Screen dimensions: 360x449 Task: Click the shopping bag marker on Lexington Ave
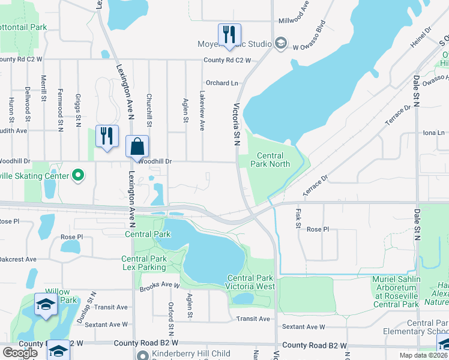pyautogui.click(x=137, y=146)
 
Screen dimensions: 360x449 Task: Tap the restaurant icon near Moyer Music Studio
pyautogui.click(x=229, y=35)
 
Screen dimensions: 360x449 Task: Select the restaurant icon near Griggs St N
pyautogui.click(x=107, y=136)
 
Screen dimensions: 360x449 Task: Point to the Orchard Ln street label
pyautogui.click(x=222, y=83)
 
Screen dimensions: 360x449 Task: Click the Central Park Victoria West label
pyautogui.click(x=251, y=282)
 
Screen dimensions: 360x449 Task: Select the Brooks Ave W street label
pyautogui.click(x=160, y=287)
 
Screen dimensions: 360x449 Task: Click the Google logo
pyautogui.click(x=20, y=352)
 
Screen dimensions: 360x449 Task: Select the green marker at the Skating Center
pyautogui.click(x=77, y=176)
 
